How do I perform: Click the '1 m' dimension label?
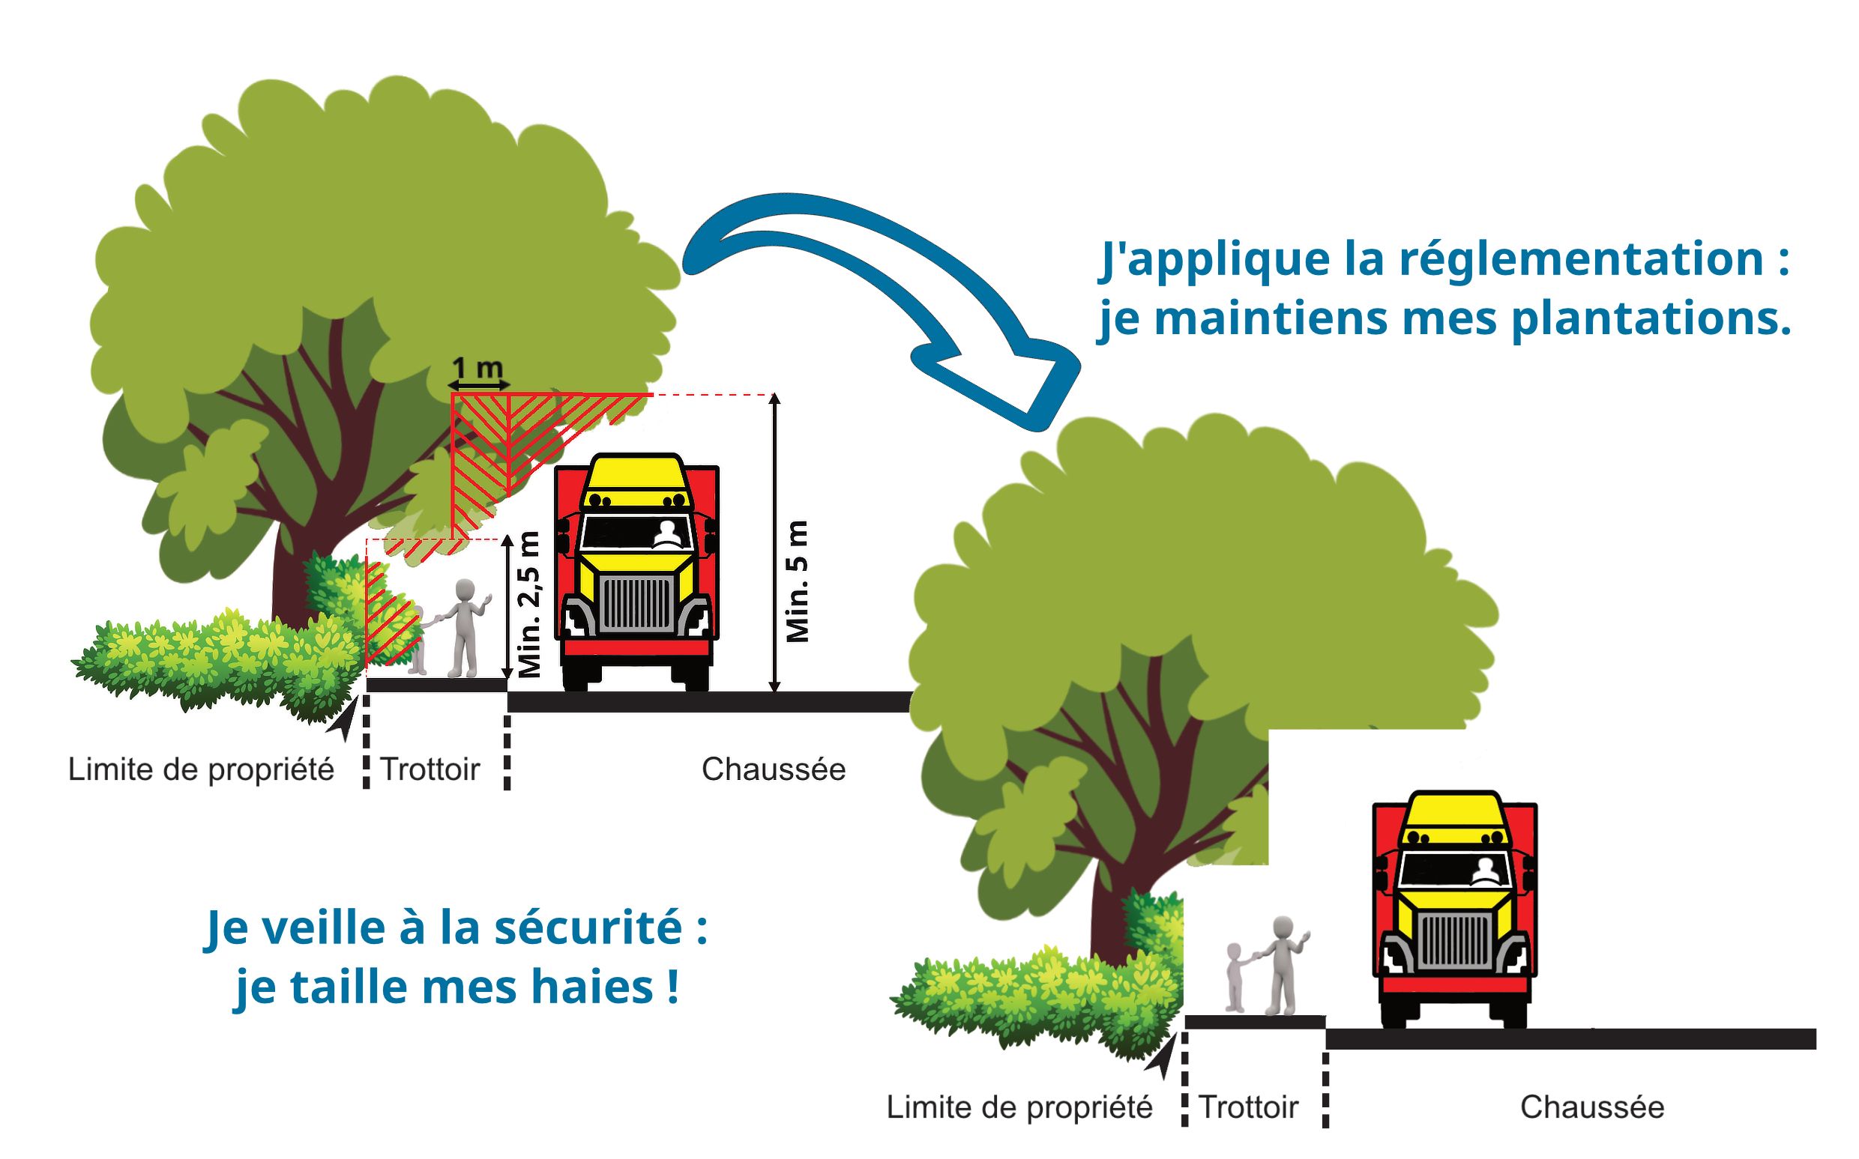(x=477, y=367)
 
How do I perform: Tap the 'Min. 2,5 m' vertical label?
(x=530, y=605)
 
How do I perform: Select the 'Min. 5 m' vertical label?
(x=798, y=581)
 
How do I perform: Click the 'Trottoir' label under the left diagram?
(x=430, y=769)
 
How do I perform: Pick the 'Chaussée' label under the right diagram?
(x=1592, y=1107)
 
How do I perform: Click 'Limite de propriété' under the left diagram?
(x=201, y=769)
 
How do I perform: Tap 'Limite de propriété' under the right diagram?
(x=1019, y=1107)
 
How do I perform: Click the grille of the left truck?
(x=637, y=604)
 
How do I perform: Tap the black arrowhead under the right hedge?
(x=1161, y=1057)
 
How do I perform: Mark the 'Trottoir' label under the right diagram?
(x=1248, y=1107)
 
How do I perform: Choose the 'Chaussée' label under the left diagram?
(x=773, y=769)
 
